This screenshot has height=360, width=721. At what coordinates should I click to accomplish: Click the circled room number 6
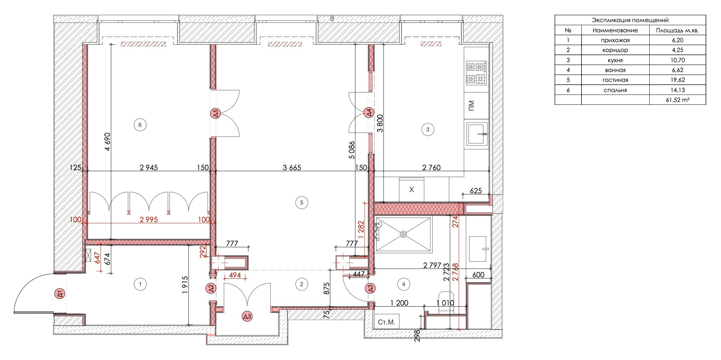pos(140,125)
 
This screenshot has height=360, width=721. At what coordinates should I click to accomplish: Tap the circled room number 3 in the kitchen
pos(427,129)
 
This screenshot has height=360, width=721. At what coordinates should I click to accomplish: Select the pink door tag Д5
pos(215,113)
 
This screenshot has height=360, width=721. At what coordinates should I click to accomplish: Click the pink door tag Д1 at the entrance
pos(60,294)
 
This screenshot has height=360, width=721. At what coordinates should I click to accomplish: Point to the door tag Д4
pos(369,113)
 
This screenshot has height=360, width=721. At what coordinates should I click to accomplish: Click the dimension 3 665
pos(292,168)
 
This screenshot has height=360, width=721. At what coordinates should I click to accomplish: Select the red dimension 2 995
pos(149,220)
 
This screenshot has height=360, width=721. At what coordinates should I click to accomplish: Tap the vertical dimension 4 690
pos(108,142)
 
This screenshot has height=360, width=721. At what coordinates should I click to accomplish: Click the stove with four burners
pos(476,73)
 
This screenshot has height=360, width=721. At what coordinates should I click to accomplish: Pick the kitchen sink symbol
pos(477,134)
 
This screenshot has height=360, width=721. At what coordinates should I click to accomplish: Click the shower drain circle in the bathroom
pos(403,234)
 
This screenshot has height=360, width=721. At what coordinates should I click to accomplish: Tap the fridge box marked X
pos(411,189)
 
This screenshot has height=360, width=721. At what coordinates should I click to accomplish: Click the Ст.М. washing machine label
pos(387,322)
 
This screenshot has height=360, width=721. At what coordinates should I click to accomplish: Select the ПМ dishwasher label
pos(472,105)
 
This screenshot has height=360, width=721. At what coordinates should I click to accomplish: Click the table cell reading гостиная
pos(615,80)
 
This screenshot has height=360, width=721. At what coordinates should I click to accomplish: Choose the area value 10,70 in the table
pos(677,60)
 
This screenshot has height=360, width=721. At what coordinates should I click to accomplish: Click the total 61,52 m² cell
pos(677,100)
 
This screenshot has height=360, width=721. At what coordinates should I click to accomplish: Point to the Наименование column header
pos(615,30)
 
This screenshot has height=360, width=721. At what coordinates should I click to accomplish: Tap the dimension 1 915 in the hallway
pos(185,285)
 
